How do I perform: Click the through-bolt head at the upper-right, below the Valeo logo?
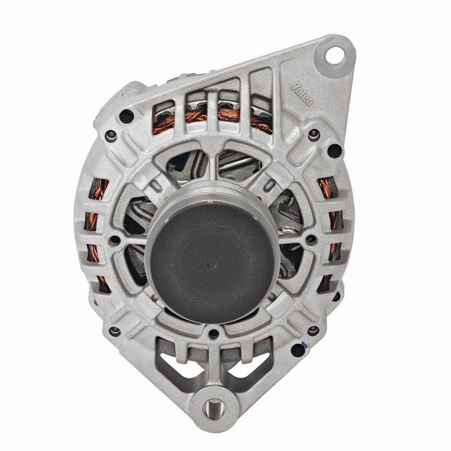click(x=314, y=134)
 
